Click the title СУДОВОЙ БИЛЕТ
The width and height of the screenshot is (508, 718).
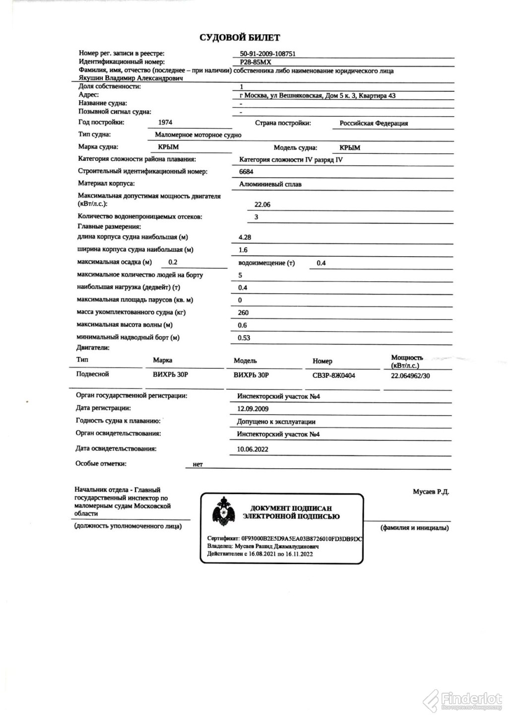coord(240,38)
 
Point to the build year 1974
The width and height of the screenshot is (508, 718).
coord(165,122)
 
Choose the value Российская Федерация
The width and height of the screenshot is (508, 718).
coord(374,123)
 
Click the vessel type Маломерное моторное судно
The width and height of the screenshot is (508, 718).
coord(198,135)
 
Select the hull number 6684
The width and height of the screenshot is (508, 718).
coord(246,172)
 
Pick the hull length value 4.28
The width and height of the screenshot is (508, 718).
coord(245,237)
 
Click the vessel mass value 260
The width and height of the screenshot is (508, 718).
coord(244,313)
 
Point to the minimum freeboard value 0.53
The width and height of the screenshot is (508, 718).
coord(244,338)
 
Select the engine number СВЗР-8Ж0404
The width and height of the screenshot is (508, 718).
coord(333,375)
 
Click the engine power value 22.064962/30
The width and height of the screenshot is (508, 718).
coord(410,376)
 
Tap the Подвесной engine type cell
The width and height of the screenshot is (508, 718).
coord(92,374)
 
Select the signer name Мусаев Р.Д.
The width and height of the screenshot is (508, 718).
coord(431,492)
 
